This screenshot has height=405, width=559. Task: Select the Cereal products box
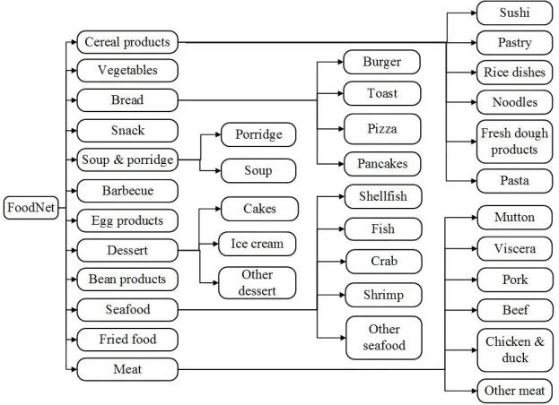pos(127,41)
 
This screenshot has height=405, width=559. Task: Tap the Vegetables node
pos(127,70)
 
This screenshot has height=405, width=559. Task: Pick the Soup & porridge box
pos(127,160)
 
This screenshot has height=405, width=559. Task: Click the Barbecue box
pos(127,190)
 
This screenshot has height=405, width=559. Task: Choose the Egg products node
pos(127,220)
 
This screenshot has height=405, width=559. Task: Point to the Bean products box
pos(127,279)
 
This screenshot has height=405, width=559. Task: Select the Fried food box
pos(127,339)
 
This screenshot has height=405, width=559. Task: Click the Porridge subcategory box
pos(259,135)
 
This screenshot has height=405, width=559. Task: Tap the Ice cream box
pos(258,243)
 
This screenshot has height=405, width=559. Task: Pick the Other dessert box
pos(258,282)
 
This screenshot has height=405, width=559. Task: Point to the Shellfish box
pos(383,196)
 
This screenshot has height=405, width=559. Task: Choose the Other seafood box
pos(384,338)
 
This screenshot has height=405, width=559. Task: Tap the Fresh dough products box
pos(514,142)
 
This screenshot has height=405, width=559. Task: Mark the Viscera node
pos(514,247)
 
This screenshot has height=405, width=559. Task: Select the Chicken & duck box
pos(515,350)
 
